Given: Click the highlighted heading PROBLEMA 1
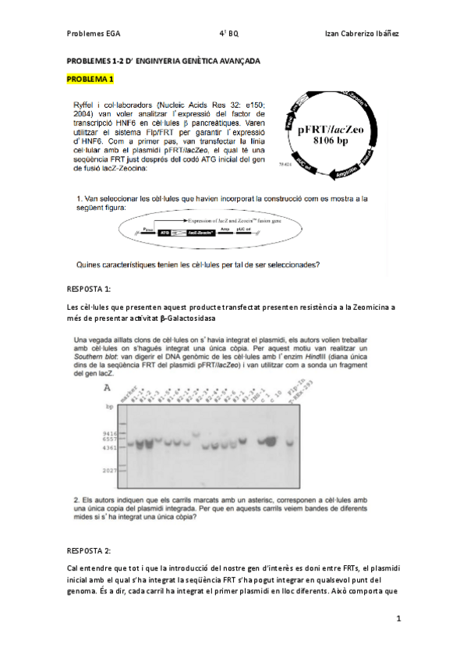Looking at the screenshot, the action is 90,80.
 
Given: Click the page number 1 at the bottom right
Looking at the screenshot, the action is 398,618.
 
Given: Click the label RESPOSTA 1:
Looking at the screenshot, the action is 90,289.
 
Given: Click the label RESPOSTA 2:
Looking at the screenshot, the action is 90,549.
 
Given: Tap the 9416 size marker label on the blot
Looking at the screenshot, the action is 111,432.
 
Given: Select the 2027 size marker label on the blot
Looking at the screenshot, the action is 111,470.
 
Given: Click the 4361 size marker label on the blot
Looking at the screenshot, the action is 111,447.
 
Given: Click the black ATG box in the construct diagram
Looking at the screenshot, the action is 165,232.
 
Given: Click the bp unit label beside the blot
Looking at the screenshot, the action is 108,407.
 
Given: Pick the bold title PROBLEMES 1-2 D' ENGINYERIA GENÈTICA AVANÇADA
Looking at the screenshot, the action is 164,61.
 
